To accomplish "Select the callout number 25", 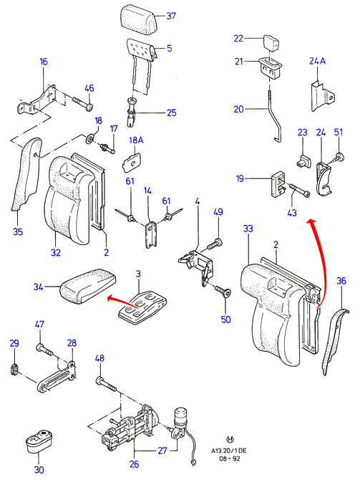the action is (x=172, y=112).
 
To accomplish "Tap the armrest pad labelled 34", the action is (x=88, y=286).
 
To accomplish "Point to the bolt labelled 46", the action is (x=83, y=103).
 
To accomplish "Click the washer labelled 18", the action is (x=89, y=139).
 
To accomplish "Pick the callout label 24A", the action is (x=318, y=61).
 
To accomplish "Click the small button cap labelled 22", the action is (x=272, y=42).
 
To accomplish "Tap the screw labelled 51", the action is (x=337, y=158).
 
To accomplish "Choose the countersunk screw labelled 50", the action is (x=223, y=291).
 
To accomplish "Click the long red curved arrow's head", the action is (x=311, y=222).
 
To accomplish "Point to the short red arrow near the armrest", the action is (x=122, y=301).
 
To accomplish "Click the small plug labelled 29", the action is (x=14, y=368).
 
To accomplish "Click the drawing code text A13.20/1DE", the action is (x=228, y=451).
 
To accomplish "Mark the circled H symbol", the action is (x=230, y=440).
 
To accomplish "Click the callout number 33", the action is (x=248, y=229).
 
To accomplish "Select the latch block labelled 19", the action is (x=278, y=185).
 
